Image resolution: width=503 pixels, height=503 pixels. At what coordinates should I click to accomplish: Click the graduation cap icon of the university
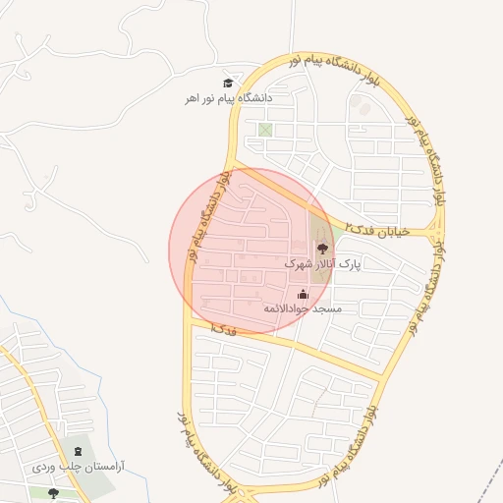coord(228,84)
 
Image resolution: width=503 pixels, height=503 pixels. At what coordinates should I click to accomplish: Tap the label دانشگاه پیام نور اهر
coord(228,98)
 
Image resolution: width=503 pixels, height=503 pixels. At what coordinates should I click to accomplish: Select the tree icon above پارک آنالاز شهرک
coord(323,249)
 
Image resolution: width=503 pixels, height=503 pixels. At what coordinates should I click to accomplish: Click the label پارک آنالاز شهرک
coord(323,264)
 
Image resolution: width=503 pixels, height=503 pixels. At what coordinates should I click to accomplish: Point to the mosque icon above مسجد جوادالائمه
coord(303,294)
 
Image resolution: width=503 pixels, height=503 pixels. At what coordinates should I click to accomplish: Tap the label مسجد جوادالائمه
coord(303,308)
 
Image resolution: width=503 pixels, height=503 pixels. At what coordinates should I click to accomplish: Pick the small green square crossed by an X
coord(264,130)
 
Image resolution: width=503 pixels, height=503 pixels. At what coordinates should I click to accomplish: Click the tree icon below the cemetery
coord(53,492)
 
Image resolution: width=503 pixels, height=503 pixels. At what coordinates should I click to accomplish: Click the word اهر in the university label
coord(193,98)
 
